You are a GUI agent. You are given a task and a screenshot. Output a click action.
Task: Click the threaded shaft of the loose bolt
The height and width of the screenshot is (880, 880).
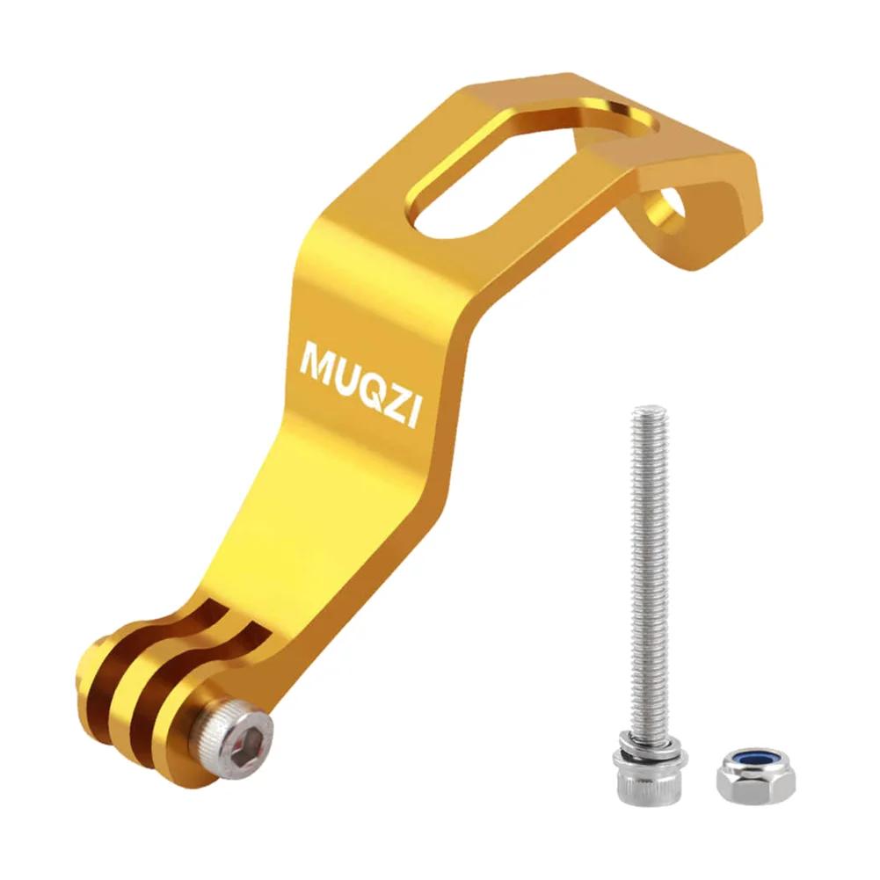(651, 571)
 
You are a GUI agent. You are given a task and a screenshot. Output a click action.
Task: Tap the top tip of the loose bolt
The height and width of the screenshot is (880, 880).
(651, 411)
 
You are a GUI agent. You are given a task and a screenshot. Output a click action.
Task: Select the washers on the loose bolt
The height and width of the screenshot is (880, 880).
(651, 753)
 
